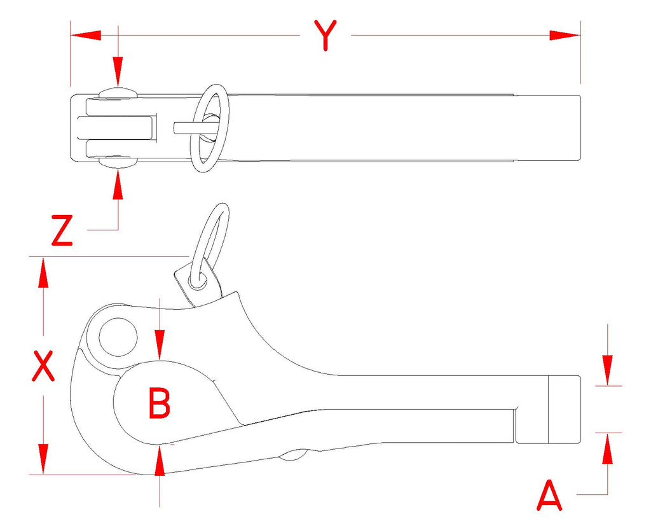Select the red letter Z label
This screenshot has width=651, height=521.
(x=62, y=230)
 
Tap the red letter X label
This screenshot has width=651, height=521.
(x=43, y=366)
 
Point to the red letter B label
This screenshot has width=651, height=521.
(x=160, y=403)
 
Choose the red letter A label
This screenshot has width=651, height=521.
(x=549, y=496)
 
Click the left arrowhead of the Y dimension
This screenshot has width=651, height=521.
(x=86, y=36)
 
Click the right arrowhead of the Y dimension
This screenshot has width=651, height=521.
(x=565, y=36)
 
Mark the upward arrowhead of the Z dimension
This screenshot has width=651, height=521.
(x=118, y=184)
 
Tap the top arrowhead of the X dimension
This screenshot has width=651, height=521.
(x=43, y=272)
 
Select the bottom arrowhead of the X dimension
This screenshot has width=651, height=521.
(x=43, y=459)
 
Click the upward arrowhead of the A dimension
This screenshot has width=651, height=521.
(x=608, y=448)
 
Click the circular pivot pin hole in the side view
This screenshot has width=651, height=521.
(x=118, y=337)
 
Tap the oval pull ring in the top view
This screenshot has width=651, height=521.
(x=210, y=128)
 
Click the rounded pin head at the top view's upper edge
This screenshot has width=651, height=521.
(x=118, y=93)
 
